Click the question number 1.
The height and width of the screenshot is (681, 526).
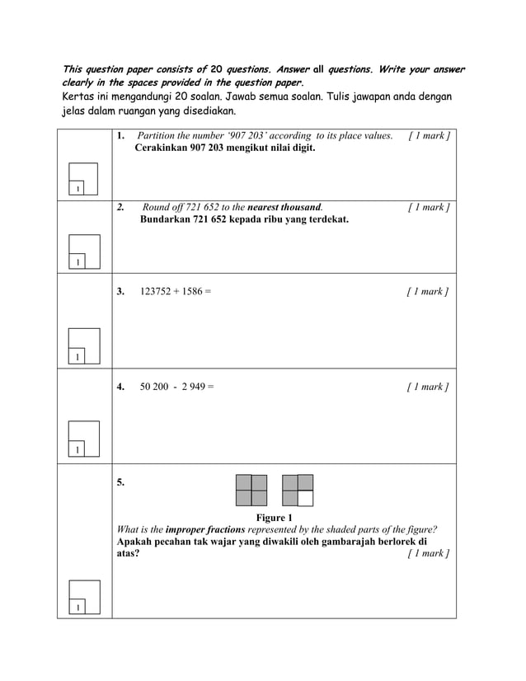(x=120, y=136)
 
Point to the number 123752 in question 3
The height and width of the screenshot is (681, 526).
(x=157, y=291)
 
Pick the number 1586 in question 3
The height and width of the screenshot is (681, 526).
(x=189, y=291)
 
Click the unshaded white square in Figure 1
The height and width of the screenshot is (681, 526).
(x=305, y=498)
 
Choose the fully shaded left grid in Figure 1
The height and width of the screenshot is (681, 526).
(x=251, y=490)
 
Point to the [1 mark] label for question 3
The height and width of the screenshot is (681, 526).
(x=428, y=291)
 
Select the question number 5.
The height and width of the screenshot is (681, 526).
(x=120, y=482)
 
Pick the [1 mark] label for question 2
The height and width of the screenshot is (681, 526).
(x=428, y=207)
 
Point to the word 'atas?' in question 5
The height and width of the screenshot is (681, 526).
(x=128, y=553)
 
